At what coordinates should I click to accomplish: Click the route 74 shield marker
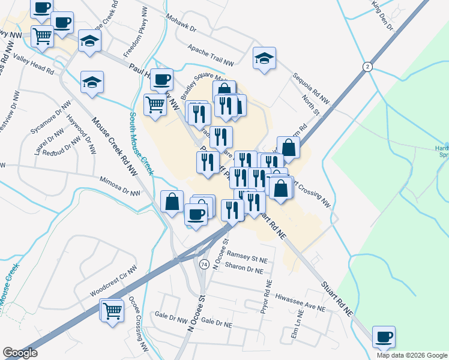(205, 264)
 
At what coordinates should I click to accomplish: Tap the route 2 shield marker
(366, 66)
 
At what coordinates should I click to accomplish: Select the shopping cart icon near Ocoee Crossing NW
(112, 311)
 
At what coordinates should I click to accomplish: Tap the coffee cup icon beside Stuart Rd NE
(384, 336)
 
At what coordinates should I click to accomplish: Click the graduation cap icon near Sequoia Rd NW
(264, 58)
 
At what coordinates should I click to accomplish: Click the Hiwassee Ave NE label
(300, 302)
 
